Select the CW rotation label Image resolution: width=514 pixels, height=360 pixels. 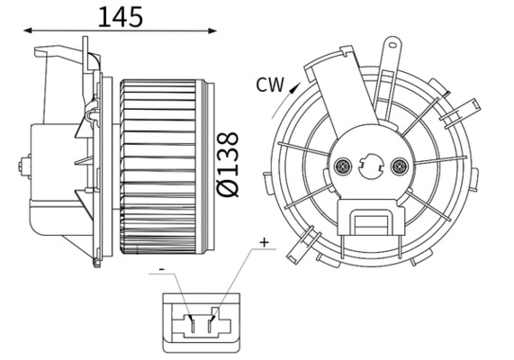(270, 85)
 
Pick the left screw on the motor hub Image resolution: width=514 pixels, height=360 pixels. (342, 166)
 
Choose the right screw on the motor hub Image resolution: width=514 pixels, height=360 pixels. (401, 166)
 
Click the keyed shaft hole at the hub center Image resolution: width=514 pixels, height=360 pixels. (371, 166)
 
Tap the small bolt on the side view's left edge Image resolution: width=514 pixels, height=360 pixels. (21, 166)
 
